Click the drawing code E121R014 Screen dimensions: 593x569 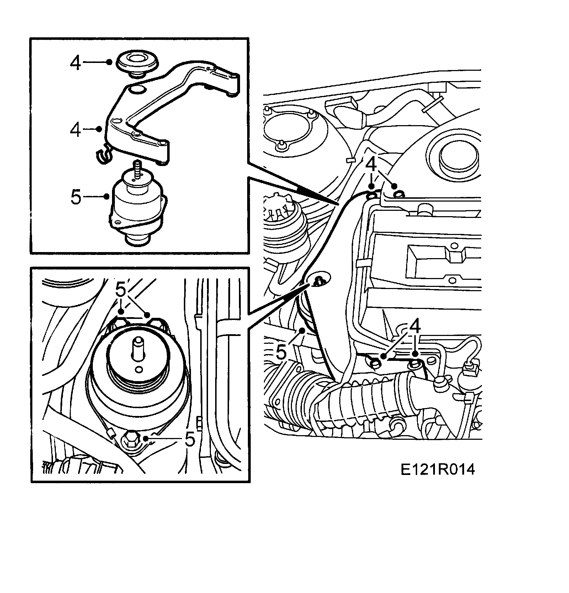(x=437, y=470)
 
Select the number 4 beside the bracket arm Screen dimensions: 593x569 (x=75, y=130)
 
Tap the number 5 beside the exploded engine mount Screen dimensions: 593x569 (x=76, y=197)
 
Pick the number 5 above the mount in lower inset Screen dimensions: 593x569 (x=121, y=290)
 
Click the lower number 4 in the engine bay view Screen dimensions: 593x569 (x=415, y=326)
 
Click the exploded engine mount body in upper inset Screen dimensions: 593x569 (x=137, y=206)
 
